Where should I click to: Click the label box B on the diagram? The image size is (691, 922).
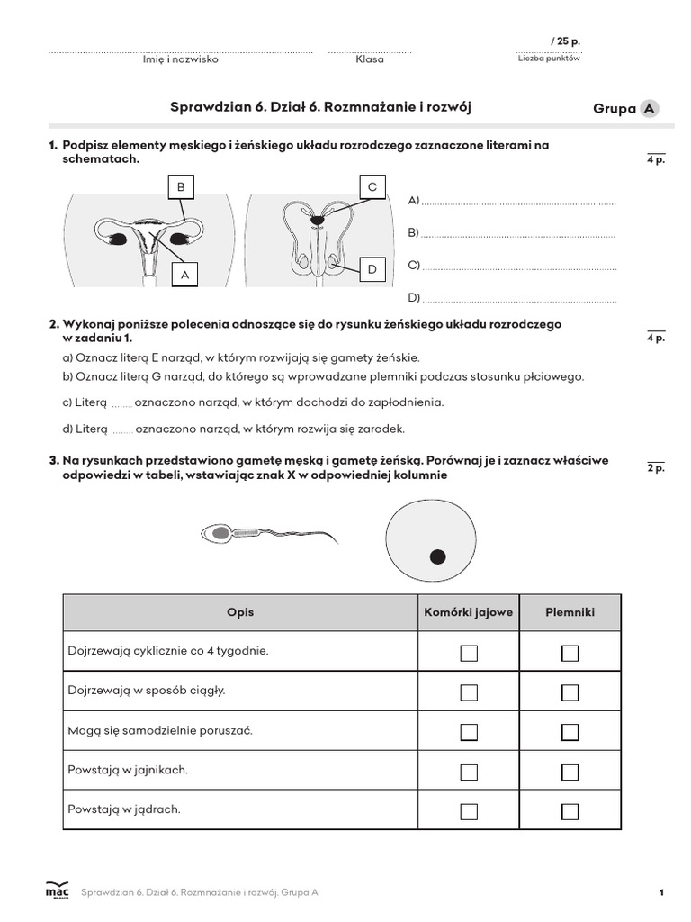point(180,187)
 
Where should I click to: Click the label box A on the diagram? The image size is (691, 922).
point(184,275)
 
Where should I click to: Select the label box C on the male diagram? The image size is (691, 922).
point(372,187)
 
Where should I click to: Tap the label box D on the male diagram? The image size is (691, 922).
point(372,268)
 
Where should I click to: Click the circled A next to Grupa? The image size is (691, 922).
point(648,109)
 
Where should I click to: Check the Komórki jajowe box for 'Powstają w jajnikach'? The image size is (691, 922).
point(469,772)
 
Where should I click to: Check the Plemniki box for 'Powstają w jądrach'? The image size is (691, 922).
point(570,810)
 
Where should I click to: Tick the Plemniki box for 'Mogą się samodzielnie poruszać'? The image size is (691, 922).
point(570,732)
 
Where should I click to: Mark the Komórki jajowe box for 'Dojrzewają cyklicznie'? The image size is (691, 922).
point(469,653)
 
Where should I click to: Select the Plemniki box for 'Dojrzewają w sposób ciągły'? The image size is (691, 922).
point(570,692)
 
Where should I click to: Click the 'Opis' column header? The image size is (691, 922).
point(240,612)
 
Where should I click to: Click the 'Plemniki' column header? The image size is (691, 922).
point(570,612)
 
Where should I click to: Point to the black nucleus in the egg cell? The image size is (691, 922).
point(437,556)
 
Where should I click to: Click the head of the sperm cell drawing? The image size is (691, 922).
point(219,534)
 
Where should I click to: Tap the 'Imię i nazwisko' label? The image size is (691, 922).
point(181,59)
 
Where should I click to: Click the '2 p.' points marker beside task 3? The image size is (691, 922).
point(655,468)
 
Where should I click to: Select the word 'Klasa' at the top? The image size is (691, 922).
point(369,59)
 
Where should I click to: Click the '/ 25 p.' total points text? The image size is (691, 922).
point(565,41)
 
